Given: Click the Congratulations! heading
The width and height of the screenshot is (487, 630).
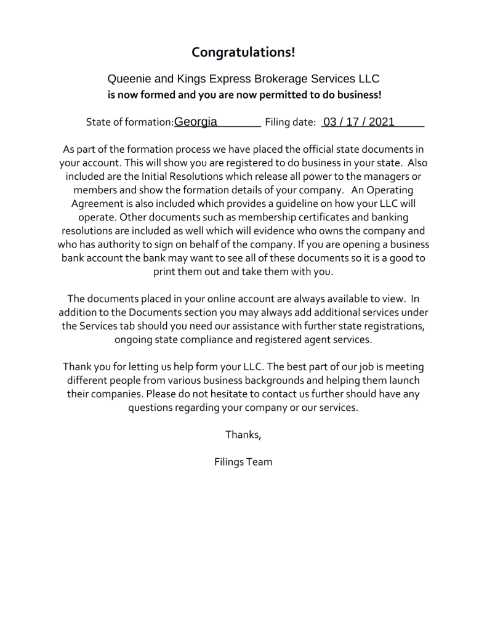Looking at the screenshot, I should tap(243, 52).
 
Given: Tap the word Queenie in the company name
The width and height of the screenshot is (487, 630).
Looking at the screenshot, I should tap(127, 79).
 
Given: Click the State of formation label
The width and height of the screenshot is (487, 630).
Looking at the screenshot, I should tap(129, 123).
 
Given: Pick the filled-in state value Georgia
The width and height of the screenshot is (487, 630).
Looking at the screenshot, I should tap(196, 122).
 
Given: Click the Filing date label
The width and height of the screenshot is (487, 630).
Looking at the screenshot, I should tap(290, 123).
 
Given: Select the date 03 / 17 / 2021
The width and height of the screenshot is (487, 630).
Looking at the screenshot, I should tap(359, 122).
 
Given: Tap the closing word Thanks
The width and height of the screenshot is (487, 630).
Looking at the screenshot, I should tap(243, 435).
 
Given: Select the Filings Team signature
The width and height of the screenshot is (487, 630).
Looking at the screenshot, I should tap(243, 462).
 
